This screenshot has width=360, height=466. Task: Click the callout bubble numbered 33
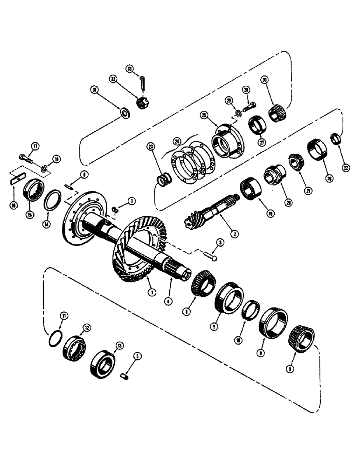(x=130, y=69)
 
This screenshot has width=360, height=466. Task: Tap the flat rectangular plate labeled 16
(x=18, y=177)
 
